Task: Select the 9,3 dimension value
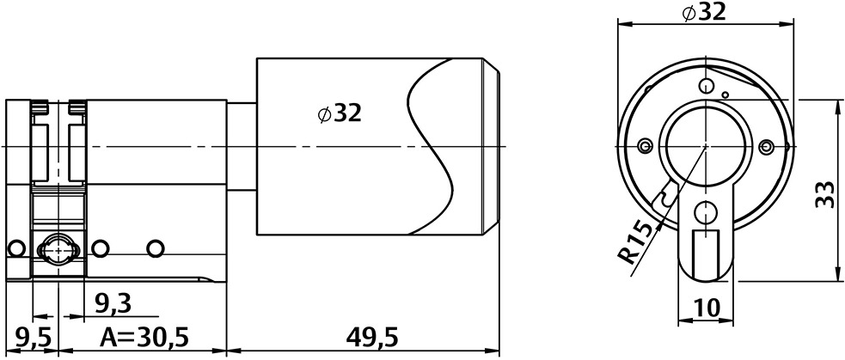(x=112, y=303)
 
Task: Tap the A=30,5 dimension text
(x=144, y=334)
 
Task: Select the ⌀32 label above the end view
(x=703, y=12)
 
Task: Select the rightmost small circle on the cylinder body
(x=155, y=247)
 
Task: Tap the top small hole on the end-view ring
(x=706, y=85)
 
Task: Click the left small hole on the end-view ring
(x=641, y=144)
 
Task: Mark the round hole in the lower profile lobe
(x=706, y=210)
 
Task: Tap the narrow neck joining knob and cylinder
(x=242, y=146)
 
